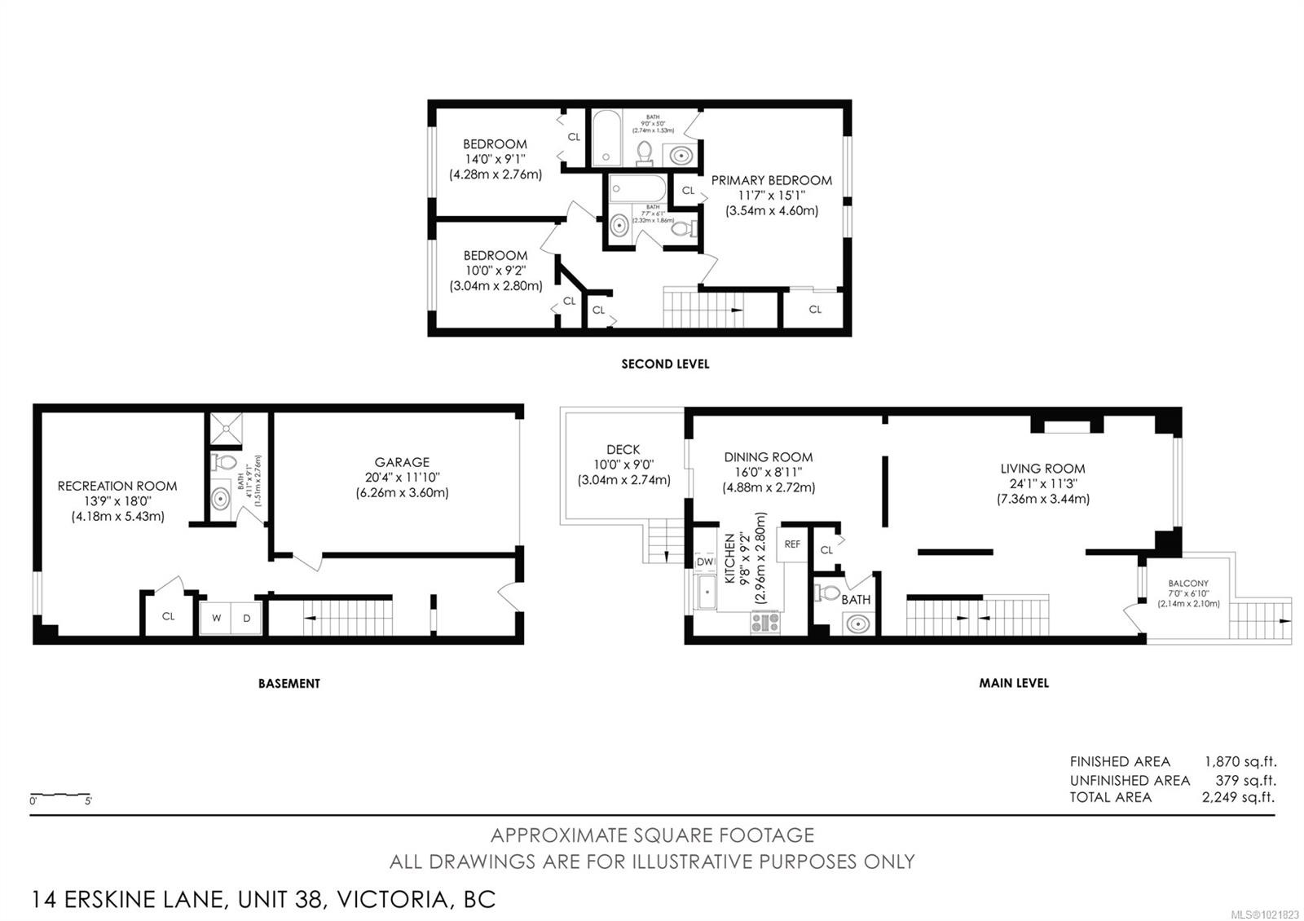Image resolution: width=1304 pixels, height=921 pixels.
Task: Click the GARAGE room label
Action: (x=402, y=462)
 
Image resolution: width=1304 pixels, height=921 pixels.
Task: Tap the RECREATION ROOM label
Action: (x=117, y=486)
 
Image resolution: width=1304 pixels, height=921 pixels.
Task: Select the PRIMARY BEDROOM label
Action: (x=771, y=180)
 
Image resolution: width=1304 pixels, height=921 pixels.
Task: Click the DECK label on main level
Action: (x=623, y=449)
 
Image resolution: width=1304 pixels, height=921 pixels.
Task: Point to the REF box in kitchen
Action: (x=792, y=544)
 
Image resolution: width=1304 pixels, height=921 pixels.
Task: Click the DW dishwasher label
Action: (x=705, y=562)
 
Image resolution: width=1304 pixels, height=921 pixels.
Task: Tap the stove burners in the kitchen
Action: (x=764, y=623)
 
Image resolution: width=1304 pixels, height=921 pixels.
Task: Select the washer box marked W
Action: (x=217, y=618)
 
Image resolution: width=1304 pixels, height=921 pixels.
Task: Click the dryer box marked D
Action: (x=247, y=618)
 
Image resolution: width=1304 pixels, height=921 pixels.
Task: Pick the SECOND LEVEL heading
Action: (x=665, y=364)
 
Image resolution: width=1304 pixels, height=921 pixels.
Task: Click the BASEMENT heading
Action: (x=289, y=683)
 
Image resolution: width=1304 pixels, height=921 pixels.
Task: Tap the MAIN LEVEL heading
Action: (x=1013, y=683)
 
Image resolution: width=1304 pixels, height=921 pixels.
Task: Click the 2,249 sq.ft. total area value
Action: (x=1238, y=797)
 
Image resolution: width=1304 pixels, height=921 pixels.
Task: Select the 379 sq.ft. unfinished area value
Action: (x=1245, y=780)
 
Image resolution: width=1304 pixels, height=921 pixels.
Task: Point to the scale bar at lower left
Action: (x=60, y=794)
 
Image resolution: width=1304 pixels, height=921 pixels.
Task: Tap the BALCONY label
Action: (x=1188, y=584)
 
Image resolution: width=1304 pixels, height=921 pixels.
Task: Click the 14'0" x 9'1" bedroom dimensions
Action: (x=495, y=159)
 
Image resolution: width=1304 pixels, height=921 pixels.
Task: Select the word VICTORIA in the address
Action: (x=393, y=900)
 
